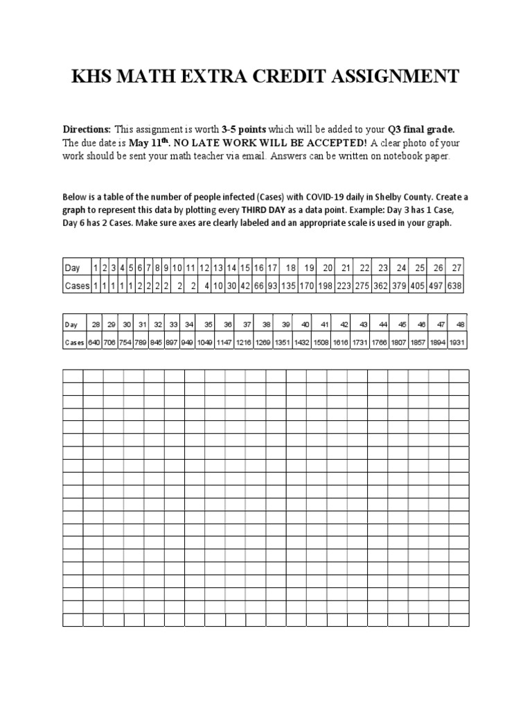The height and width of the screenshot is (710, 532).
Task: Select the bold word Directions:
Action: (87, 130)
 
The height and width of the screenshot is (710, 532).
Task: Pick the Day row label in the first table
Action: (73, 268)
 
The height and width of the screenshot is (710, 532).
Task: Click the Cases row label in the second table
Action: (75, 342)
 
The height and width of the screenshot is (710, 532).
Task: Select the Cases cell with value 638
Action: (456, 286)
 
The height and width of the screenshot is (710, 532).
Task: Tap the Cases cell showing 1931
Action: (457, 342)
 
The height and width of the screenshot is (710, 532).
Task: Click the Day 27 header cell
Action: (456, 268)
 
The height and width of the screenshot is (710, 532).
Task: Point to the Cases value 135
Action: (290, 286)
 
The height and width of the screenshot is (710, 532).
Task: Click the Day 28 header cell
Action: (96, 324)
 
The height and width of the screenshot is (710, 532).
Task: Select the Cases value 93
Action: (272, 286)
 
